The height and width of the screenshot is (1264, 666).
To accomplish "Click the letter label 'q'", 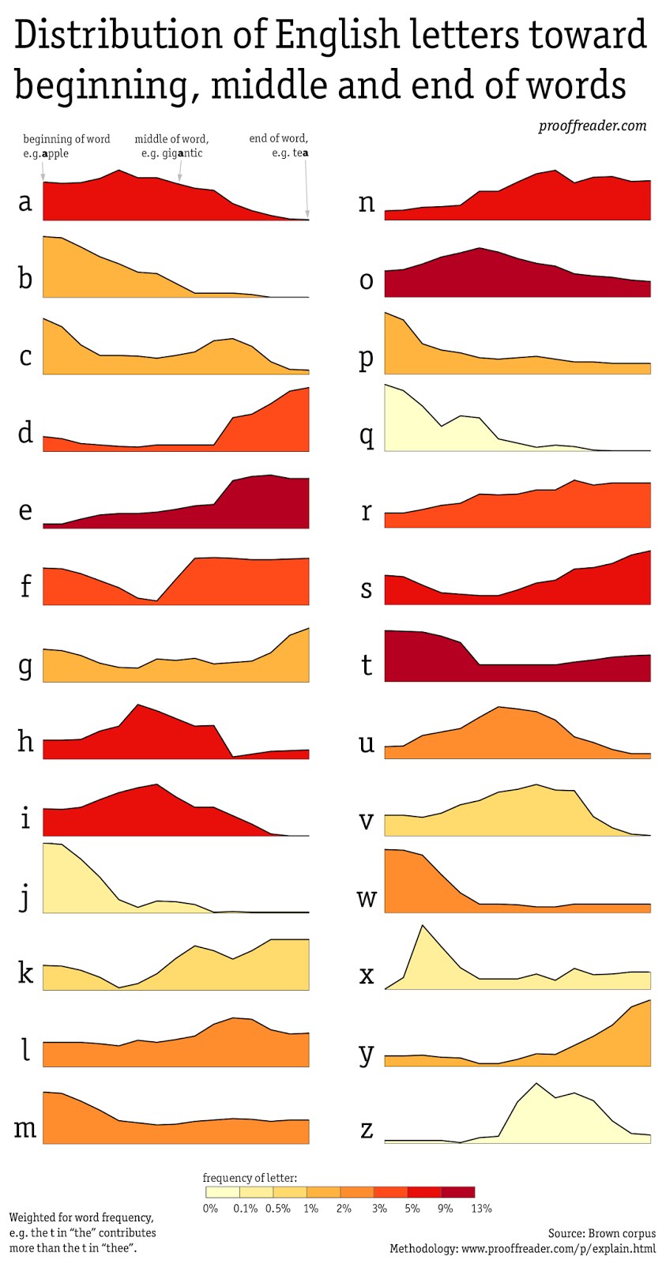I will point(367,435).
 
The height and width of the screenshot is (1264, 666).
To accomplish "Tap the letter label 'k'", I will point(25,972).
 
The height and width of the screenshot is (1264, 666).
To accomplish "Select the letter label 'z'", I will point(367,1129).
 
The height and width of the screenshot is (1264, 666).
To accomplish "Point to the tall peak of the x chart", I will point(423,926).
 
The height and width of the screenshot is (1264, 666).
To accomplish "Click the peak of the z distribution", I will point(536,1084).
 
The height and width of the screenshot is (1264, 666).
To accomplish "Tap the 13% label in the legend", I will point(481,1208).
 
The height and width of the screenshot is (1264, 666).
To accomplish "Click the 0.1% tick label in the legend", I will point(246,1208).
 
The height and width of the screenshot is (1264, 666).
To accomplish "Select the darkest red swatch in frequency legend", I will point(458,1192).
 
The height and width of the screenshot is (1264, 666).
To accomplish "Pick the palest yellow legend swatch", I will point(222,1192).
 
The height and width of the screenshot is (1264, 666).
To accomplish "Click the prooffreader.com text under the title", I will point(592,126).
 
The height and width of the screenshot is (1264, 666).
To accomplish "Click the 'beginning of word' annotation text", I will point(66,139).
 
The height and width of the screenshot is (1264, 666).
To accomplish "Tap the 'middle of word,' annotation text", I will point(171,139).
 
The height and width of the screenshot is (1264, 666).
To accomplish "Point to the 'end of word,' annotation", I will point(278,138).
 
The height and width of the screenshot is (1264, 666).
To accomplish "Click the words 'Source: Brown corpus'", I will point(601,1233).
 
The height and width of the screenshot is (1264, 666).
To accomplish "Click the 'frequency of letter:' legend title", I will point(250,1178).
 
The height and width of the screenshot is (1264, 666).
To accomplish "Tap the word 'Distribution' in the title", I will point(119,36).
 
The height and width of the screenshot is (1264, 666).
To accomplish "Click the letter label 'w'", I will point(367,897).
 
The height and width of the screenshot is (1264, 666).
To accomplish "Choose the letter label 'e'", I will point(25,510).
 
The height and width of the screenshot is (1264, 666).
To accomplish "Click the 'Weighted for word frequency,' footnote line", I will point(81,1217).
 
